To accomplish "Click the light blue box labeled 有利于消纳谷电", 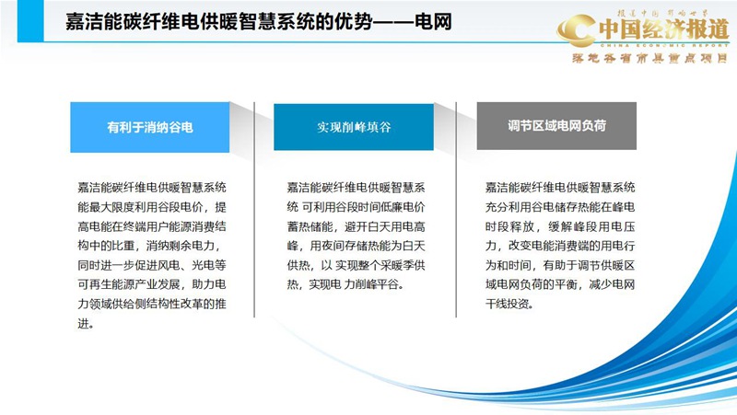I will coord(149,127).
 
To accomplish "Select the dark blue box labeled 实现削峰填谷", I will coord(354,127).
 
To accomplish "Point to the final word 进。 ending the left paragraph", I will coord(86,323).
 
